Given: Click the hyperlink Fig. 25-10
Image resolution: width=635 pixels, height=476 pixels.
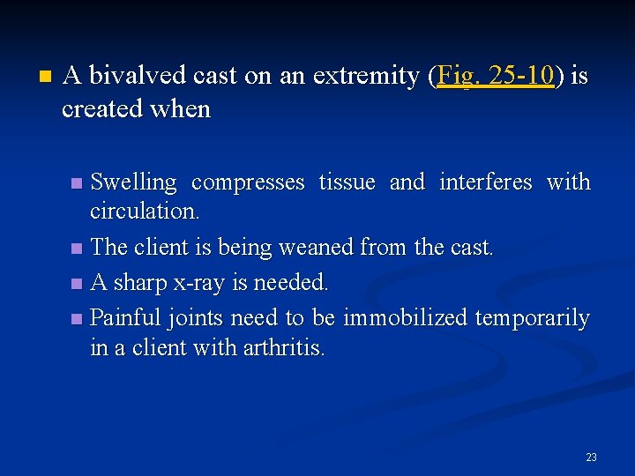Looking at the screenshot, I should coord(495,76).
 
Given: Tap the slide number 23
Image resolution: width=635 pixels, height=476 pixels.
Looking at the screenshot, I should coord(591,457).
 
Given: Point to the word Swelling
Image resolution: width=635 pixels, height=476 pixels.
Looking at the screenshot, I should coord(134,182).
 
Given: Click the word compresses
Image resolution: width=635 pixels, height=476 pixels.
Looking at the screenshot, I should coord(248,182).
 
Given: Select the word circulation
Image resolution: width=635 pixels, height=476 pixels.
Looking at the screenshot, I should coord(145,212).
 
